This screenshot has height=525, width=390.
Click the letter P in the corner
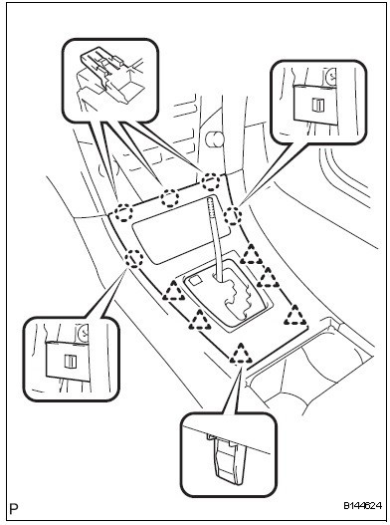tap(14, 509)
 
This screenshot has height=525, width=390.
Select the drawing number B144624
tap(362, 505)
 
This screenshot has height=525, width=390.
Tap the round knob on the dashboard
tap(213, 139)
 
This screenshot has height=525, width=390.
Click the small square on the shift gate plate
tap(195, 281)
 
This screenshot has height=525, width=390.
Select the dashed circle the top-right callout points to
tap(233, 216)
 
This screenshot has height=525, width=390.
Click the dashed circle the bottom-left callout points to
tap(133, 258)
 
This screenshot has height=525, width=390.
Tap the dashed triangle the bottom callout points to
tap(241, 355)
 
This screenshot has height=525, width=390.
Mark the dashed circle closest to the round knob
tap(211, 181)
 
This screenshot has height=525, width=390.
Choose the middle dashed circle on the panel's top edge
tap(170, 197)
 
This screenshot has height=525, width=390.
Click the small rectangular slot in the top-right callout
tap(316, 105)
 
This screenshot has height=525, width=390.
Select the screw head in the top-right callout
tap(331, 77)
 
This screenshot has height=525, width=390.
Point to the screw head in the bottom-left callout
tap(83, 333)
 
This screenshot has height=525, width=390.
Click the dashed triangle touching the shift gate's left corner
tap(173, 291)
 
